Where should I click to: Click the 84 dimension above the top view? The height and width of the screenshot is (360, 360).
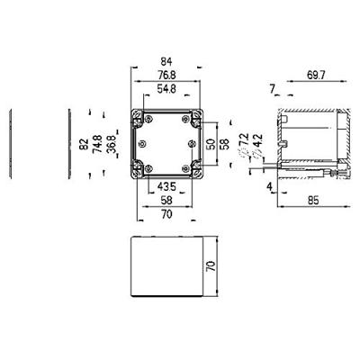tap(168, 60)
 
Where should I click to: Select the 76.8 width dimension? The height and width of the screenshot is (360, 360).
tap(167, 75)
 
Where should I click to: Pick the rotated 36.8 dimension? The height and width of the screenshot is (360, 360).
tap(111, 142)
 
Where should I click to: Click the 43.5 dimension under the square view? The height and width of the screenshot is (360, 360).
tap(166, 185)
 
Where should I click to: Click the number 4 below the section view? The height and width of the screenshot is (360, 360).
tap(269, 186)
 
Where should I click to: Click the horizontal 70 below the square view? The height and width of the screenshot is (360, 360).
tap(166, 216)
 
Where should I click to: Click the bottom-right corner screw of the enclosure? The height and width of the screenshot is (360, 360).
tap(195, 169)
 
